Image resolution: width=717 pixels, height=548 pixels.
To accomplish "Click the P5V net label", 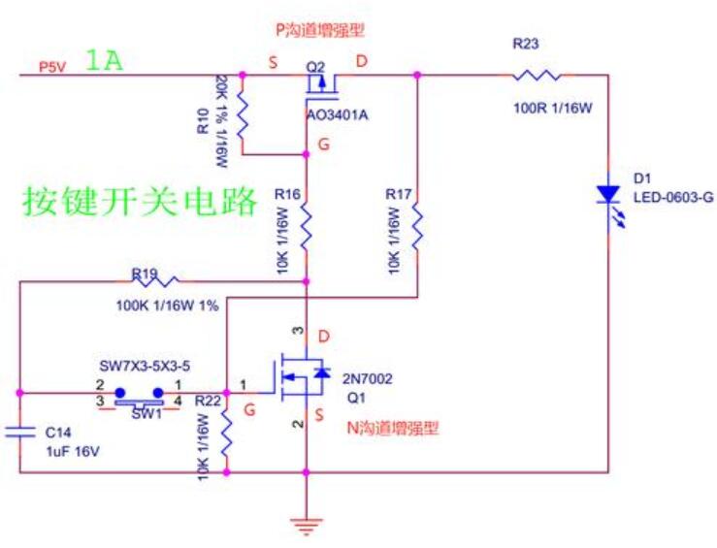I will (51, 66).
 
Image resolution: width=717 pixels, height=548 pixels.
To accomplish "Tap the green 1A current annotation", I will (104, 61).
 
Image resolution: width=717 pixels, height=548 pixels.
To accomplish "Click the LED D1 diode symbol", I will (608, 197).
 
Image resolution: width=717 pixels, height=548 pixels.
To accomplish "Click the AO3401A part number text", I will (338, 115).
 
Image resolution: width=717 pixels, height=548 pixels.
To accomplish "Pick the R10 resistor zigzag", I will (243, 114).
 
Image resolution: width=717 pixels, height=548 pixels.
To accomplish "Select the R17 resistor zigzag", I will (417, 230).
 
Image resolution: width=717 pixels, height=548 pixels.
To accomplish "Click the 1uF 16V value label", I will (73, 450).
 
